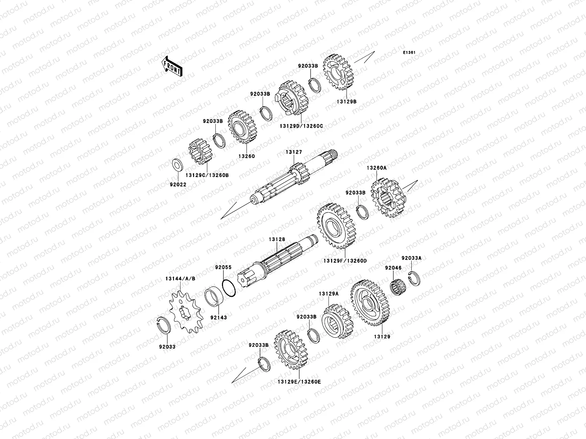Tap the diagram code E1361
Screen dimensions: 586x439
click(409, 53)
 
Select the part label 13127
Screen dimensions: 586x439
click(294, 152)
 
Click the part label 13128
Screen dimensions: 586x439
click(277, 239)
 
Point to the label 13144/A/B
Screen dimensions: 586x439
click(180, 278)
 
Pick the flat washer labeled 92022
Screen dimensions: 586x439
click(178, 165)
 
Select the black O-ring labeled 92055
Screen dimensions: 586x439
click(229, 288)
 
